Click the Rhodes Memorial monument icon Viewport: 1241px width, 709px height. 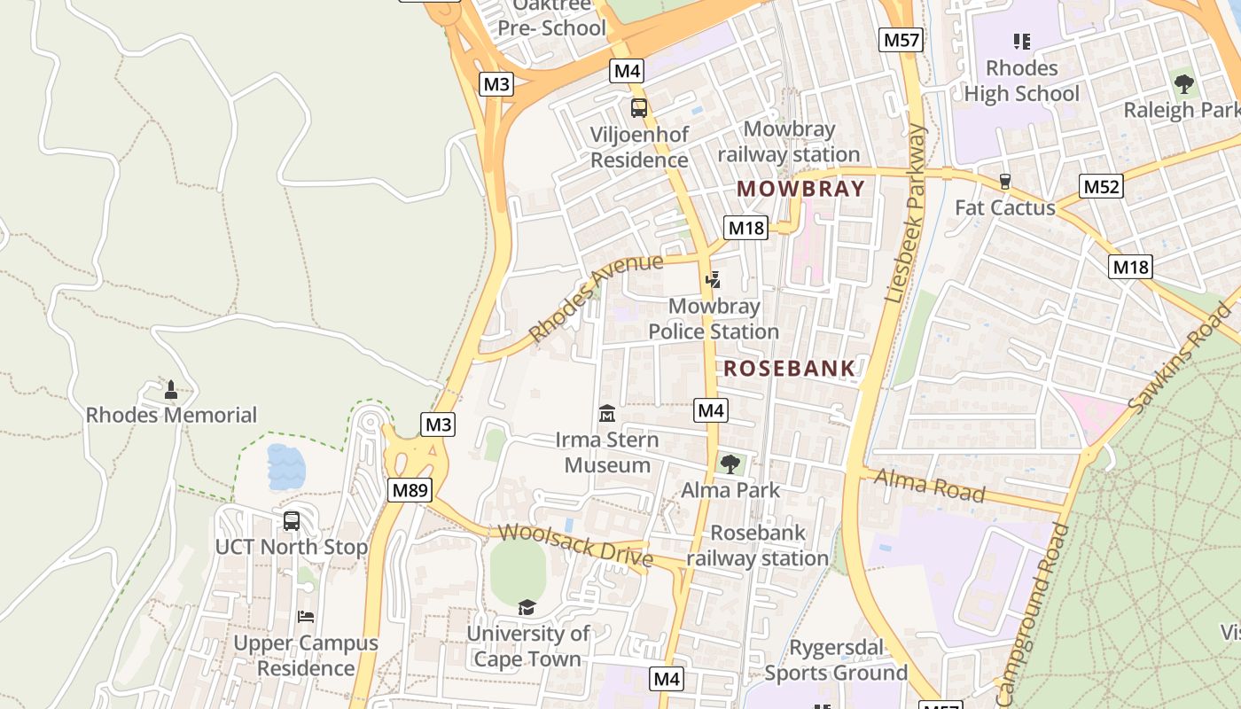(x=171, y=390)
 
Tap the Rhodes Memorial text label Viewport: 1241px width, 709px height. (x=171, y=415)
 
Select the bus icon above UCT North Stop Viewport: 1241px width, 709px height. (x=292, y=521)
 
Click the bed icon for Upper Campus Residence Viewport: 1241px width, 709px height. (x=306, y=617)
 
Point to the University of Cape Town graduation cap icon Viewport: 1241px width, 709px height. (x=527, y=607)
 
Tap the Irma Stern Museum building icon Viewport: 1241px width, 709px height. (x=607, y=413)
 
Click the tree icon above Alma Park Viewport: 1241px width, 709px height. (x=730, y=464)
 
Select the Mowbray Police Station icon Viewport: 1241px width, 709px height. (x=713, y=280)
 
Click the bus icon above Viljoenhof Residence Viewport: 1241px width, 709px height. (x=638, y=108)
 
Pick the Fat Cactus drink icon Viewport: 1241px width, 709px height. (x=1005, y=182)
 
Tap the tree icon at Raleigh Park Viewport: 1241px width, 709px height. (x=1183, y=85)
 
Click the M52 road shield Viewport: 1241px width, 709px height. (x=1102, y=186)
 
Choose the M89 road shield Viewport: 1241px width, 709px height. (x=409, y=490)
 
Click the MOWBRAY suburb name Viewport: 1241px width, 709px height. (x=800, y=189)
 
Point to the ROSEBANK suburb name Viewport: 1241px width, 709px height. (x=790, y=369)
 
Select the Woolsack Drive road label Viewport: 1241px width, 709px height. (x=575, y=546)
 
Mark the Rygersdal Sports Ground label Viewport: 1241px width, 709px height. (x=836, y=660)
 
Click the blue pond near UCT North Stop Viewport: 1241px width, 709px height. (x=285, y=467)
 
